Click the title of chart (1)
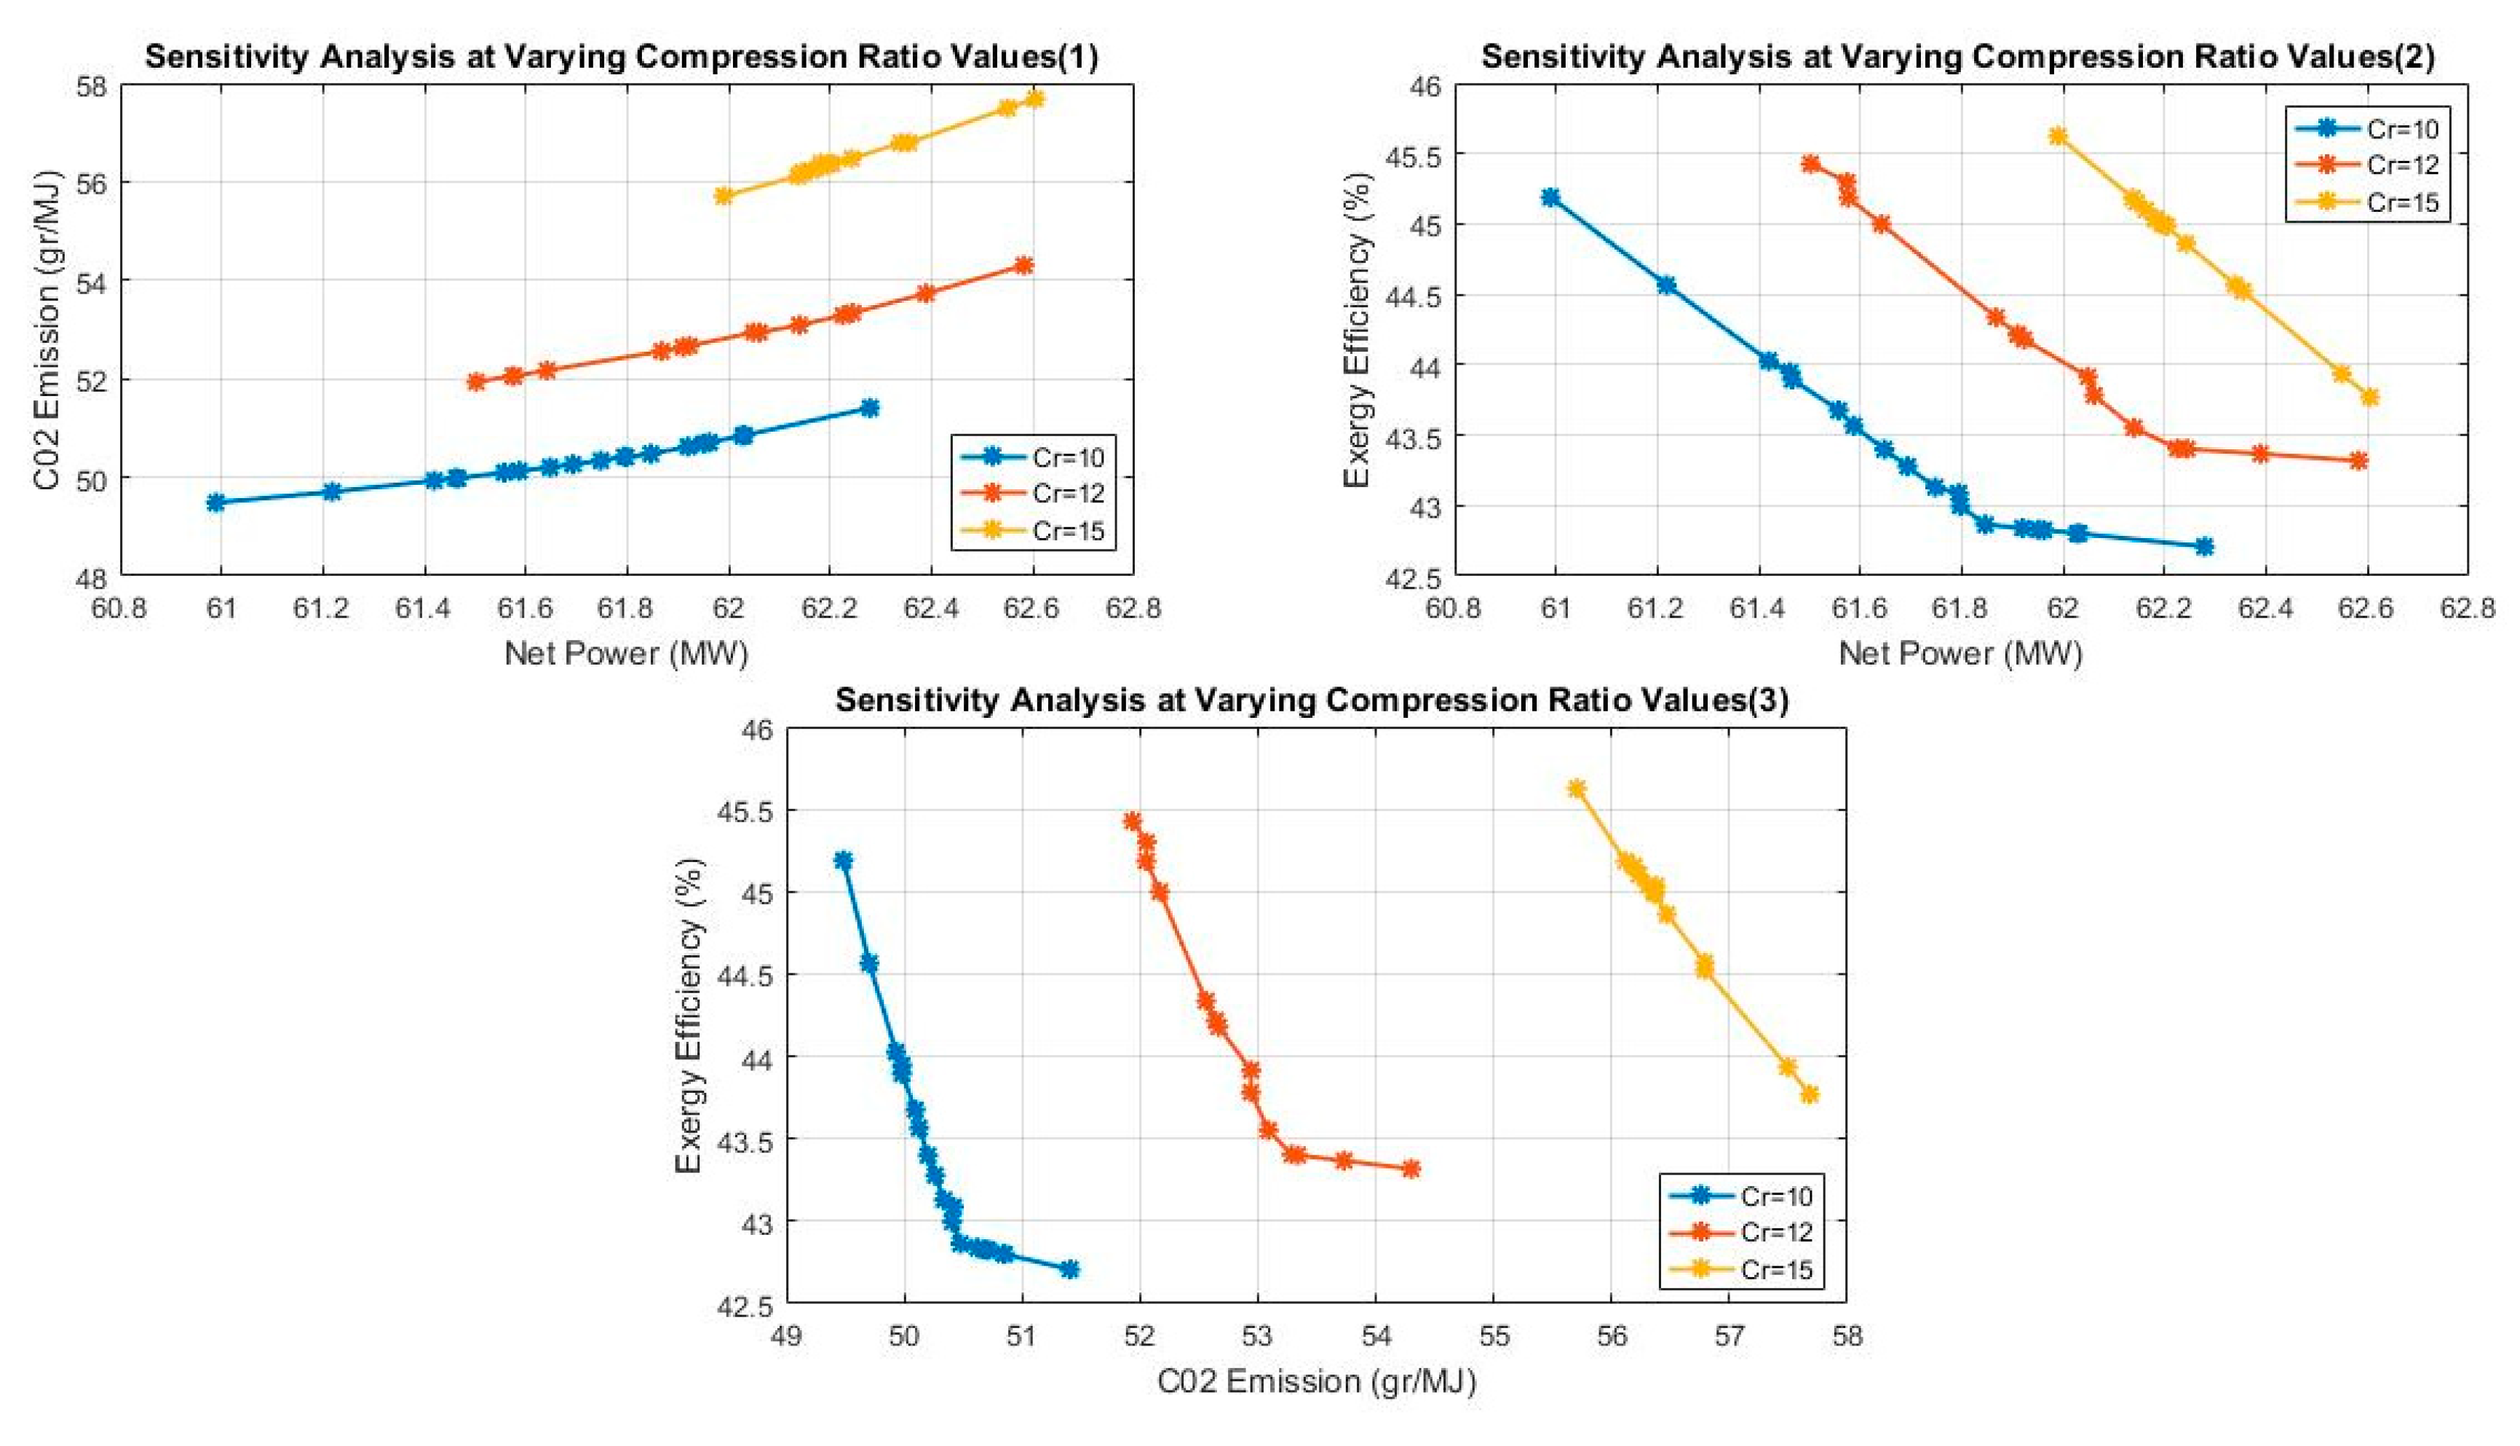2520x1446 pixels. (x=622, y=57)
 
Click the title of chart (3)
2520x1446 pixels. (x=1311, y=700)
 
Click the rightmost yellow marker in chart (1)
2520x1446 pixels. (x=1034, y=99)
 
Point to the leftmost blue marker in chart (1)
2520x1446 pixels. (x=215, y=502)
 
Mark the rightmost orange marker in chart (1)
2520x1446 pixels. (x=1023, y=265)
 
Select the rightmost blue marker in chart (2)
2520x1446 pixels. (x=2204, y=546)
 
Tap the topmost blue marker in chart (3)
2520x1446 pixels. (x=843, y=860)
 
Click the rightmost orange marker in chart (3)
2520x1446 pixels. (x=1411, y=1169)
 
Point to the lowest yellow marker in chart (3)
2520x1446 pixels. (x=1809, y=1094)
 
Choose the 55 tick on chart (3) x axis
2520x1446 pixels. (x=1494, y=1336)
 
